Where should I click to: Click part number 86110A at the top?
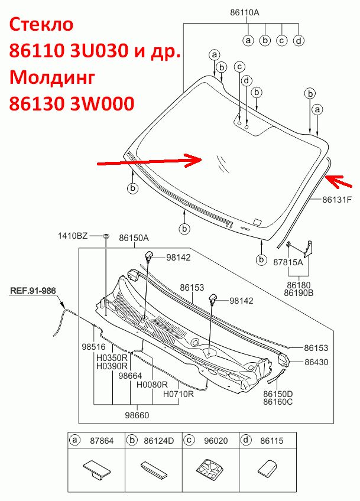(x=245, y=12)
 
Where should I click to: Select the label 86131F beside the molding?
(x=337, y=200)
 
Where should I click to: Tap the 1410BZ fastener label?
(x=73, y=236)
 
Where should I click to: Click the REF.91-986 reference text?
(x=33, y=291)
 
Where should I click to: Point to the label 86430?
(x=316, y=362)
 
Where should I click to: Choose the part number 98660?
(x=137, y=415)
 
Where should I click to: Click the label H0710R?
(x=179, y=394)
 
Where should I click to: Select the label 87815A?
(x=288, y=262)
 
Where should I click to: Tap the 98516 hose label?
(x=93, y=347)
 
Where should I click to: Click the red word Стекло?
(x=41, y=25)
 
